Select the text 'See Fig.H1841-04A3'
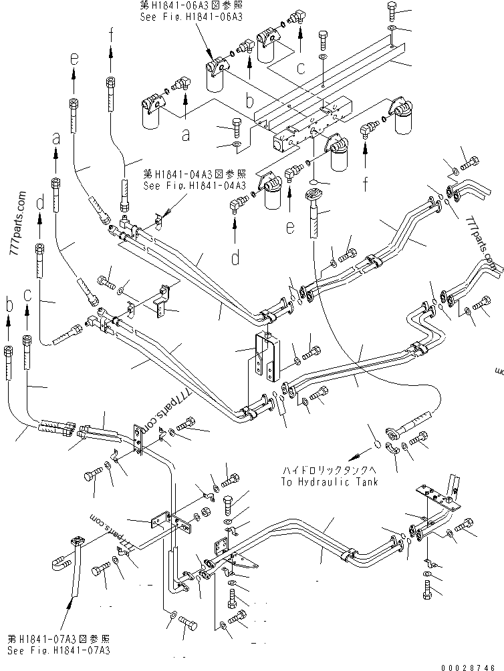pos(195,186)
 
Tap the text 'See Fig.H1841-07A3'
pos(58,650)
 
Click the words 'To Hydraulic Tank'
pos(329,481)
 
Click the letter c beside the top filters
pos(301,67)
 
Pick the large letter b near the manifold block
pos(249,102)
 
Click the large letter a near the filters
pos(186,136)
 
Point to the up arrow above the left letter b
pos(9,324)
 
